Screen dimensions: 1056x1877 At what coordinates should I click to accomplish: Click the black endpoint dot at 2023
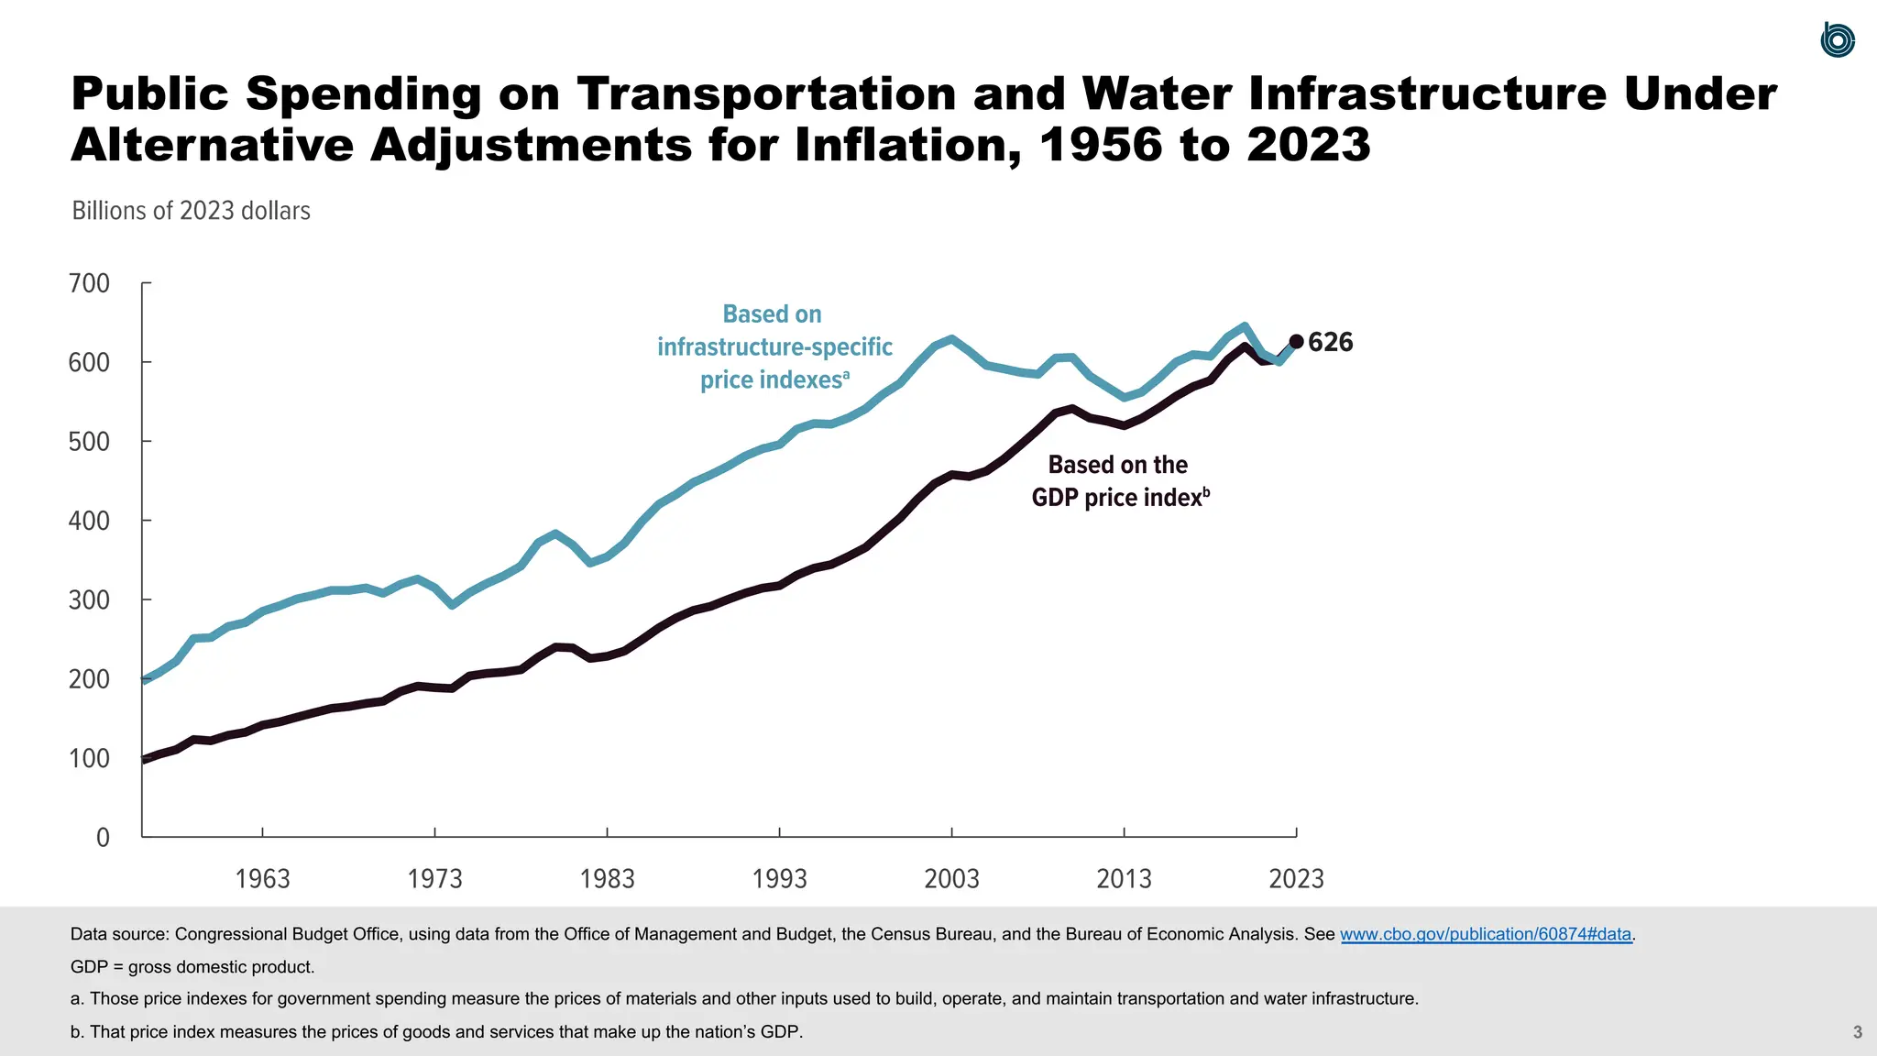click(1296, 342)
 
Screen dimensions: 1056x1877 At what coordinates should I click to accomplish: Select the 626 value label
click(1330, 342)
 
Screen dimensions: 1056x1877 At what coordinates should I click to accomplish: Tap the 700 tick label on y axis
click(89, 283)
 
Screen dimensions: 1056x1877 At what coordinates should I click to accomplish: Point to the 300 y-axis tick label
click(89, 599)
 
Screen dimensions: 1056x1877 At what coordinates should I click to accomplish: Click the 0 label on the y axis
click(103, 837)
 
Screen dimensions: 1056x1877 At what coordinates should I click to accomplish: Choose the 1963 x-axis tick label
click(262, 878)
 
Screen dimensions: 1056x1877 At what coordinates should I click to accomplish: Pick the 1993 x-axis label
click(779, 878)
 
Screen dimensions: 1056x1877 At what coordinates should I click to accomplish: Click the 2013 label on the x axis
click(1124, 878)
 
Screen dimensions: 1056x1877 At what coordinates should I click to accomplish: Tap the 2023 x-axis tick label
click(1296, 878)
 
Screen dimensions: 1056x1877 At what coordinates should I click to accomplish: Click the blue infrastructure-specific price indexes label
click(774, 346)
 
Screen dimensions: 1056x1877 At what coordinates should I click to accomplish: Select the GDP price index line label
click(1119, 481)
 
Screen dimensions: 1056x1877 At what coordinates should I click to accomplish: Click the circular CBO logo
click(1837, 40)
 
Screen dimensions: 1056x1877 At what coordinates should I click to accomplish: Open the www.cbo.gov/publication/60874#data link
click(1485, 934)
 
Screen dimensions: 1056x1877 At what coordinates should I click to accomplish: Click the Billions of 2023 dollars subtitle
click(191, 211)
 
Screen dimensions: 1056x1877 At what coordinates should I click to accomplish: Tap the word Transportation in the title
click(765, 93)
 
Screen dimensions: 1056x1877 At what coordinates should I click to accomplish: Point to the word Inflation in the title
click(907, 145)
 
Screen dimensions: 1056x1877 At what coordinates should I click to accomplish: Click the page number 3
click(1857, 1032)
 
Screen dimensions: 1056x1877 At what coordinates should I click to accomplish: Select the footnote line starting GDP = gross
click(192, 967)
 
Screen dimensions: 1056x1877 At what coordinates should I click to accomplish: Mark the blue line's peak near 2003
click(951, 339)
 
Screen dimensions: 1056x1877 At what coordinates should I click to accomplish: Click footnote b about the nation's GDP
click(436, 1032)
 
